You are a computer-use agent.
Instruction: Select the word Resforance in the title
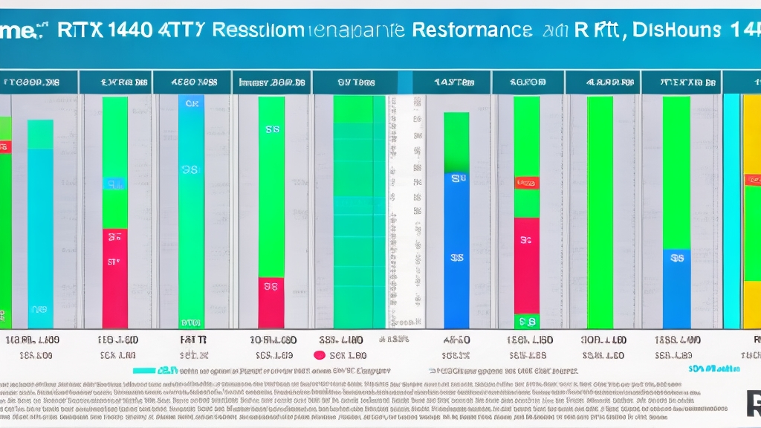pyautogui.click(x=471, y=30)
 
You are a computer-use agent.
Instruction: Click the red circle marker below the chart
pyautogui.click(x=320, y=355)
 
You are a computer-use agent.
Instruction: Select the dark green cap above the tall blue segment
pyautogui.click(x=456, y=142)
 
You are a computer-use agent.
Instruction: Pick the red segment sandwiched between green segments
pyautogui.click(x=527, y=265)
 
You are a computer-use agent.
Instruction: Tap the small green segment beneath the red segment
pyautogui.click(x=527, y=321)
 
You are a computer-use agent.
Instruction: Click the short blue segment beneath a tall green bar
pyautogui.click(x=676, y=288)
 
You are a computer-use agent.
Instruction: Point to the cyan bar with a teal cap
pyautogui.click(x=40, y=223)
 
